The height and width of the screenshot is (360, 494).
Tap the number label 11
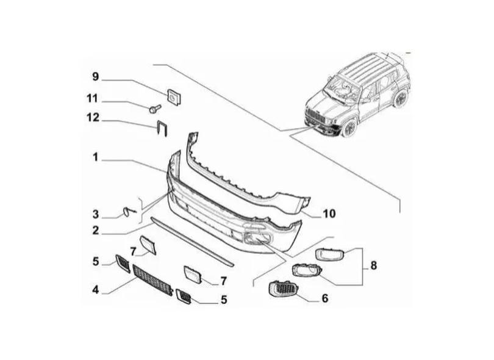click(x=92, y=98)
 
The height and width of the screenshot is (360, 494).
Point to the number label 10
click(x=329, y=214)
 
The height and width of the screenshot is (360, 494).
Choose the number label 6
click(x=324, y=298)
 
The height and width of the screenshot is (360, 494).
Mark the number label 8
click(x=373, y=266)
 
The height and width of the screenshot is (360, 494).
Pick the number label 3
click(x=95, y=214)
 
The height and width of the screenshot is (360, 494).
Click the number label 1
click(x=95, y=157)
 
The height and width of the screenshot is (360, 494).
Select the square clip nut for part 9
click(x=174, y=96)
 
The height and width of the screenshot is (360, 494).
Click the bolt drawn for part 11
click(x=154, y=110)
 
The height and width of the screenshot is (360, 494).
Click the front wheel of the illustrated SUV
click(x=351, y=127)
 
